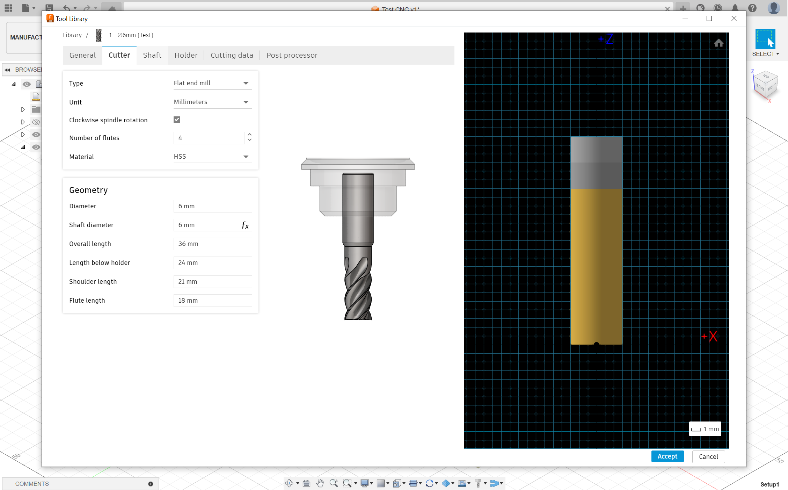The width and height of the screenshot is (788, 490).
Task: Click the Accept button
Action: click(667, 456)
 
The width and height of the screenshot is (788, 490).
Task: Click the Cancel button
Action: click(708, 456)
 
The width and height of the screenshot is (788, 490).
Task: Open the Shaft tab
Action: click(152, 55)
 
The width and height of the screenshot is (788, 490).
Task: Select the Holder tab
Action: click(186, 55)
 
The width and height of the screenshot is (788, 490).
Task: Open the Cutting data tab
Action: click(232, 55)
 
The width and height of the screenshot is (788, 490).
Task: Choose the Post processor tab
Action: click(292, 55)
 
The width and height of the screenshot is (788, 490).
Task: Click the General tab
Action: click(82, 55)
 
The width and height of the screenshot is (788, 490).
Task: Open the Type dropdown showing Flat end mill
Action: click(212, 83)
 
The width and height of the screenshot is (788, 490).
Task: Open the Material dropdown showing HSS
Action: click(212, 157)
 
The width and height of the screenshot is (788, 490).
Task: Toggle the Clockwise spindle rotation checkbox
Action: click(177, 120)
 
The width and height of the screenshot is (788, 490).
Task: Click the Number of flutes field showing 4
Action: click(209, 138)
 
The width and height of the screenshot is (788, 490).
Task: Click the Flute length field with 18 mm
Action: click(212, 301)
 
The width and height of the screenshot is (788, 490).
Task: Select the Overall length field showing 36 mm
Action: click(212, 244)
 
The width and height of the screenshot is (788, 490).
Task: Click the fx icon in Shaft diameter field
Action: click(245, 225)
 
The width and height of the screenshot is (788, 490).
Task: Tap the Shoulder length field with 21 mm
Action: click(212, 282)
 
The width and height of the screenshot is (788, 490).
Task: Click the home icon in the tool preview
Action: click(718, 43)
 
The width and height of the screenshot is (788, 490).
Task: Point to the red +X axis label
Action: click(710, 336)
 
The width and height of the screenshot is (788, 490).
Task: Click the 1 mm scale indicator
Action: click(705, 429)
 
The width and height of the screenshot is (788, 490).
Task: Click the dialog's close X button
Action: click(734, 19)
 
